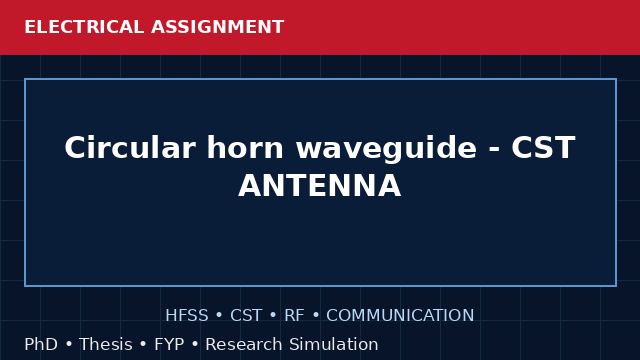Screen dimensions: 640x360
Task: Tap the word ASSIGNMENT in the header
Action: click(x=218, y=27)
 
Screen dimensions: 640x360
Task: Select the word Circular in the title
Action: click(x=129, y=147)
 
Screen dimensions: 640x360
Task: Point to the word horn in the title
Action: click(x=245, y=147)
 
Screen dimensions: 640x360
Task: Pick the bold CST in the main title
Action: click(x=543, y=147)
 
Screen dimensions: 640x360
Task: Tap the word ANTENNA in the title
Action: click(x=320, y=185)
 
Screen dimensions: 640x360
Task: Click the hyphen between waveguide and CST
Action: click(x=494, y=150)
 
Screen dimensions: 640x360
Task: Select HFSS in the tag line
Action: click(x=187, y=316)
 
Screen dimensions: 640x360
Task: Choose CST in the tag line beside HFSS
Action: click(x=246, y=316)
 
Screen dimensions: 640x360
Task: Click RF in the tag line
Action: click(x=294, y=316)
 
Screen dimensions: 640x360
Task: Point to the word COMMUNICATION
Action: click(x=400, y=316)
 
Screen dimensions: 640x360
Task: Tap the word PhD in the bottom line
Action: click(x=41, y=344)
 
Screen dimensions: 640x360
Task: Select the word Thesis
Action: click(x=106, y=344)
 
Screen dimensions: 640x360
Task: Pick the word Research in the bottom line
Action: click(x=244, y=344)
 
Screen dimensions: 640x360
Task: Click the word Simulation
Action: click(x=334, y=344)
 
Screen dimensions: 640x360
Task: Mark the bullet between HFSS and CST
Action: click(x=219, y=316)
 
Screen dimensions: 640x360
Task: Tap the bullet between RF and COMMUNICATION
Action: click(x=316, y=316)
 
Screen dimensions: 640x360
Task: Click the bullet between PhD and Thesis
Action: click(x=69, y=344)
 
